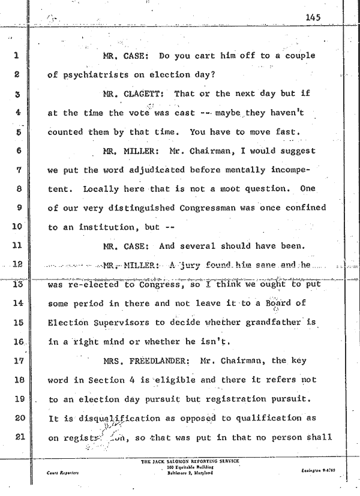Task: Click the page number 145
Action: click(313, 18)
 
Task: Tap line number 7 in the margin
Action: click(17, 170)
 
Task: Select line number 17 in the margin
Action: click(17, 362)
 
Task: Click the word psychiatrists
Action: click(93, 76)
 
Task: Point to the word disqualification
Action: click(109, 418)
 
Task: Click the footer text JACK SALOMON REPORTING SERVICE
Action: click(189, 461)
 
